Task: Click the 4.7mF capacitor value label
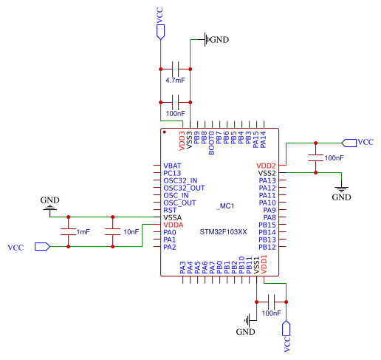click(x=175, y=81)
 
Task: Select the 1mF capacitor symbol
click(x=69, y=231)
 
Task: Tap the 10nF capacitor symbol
click(x=113, y=231)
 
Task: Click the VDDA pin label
click(x=174, y=225)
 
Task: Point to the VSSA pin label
click(x=173, y=217)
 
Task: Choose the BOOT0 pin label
click(x=211, y=143)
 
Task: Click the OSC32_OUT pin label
click(x=184, y=188)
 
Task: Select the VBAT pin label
click(x=172, y=166)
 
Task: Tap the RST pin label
click(x=170, y=210)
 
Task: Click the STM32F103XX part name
click(x=223, y=232)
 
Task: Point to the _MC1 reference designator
click(x=225, y=206)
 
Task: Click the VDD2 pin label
click(x=266, y=166)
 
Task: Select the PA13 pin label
click(x=267, y=180)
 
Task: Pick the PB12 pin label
click(x=267, y=247)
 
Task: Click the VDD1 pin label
click(x=264, y=265)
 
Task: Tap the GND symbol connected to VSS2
click(x=341, y=189)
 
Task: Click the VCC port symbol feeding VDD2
click(x=349, y=143)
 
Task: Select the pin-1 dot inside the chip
click(x=165, y=132)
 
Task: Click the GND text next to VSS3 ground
click(x=219, y=39)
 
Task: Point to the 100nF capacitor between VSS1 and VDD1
click(x=271, y=302)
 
